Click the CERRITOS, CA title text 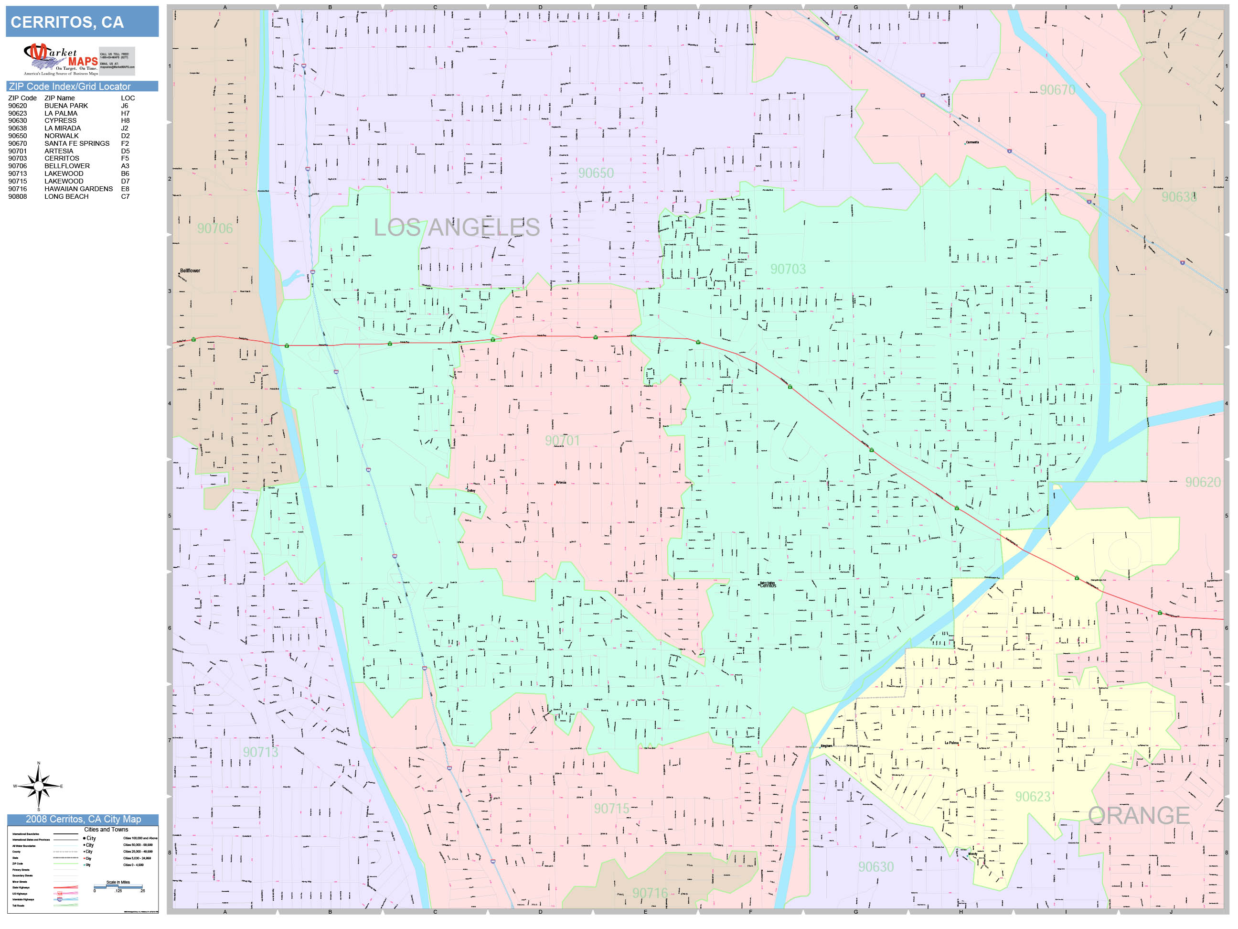(67, 22)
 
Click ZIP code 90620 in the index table (17, 106)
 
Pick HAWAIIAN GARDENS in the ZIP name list (78, 189)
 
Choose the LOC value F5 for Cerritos (125, 159)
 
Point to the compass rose (38, 786)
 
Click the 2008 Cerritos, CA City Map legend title (83, 819)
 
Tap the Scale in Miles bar (118, 887)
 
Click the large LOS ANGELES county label (457, 227)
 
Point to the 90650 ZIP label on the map (596, 173)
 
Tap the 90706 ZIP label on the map (215, 228)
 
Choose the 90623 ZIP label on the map (1033, 796)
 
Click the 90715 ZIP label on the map (611, 809)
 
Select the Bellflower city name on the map (190, 271)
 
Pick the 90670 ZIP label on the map (1057, 90)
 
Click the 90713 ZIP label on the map (260, 752)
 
